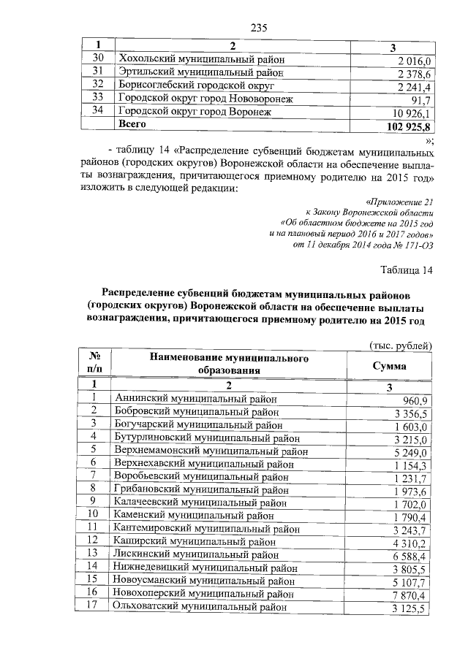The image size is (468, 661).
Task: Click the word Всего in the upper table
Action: point(133,125)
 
